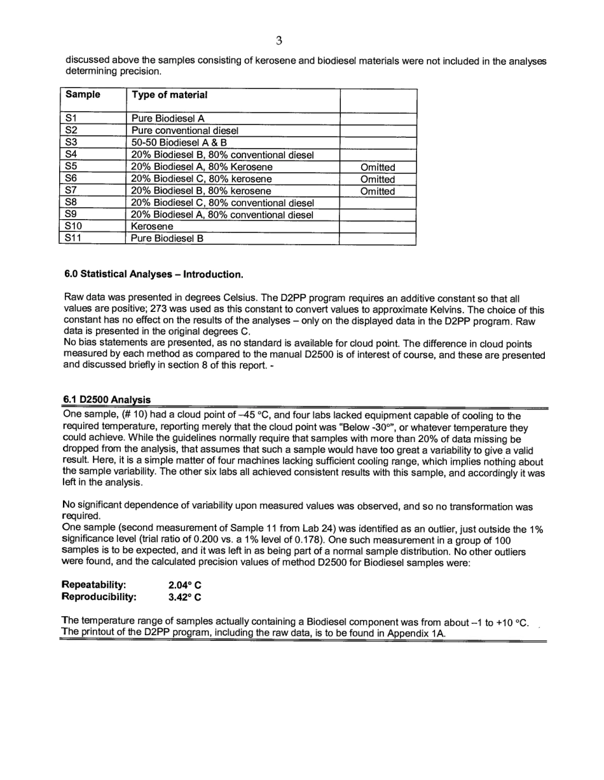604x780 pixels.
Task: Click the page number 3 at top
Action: click(278, 41)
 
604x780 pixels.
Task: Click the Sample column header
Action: click(83, 95)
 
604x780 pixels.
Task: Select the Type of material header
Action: click(169, 95)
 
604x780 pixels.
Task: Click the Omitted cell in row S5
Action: click(378, 167)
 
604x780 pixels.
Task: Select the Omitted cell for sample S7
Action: click(378, 191)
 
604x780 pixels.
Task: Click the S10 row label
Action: click(74, 226)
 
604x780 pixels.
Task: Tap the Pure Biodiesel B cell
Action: click(167, 239)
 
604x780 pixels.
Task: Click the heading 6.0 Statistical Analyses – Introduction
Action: click(153, 275)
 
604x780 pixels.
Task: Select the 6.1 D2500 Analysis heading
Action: click(106, 400)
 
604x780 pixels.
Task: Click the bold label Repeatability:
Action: click(93, 584)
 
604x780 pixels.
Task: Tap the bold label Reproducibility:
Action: click(99, 597)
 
